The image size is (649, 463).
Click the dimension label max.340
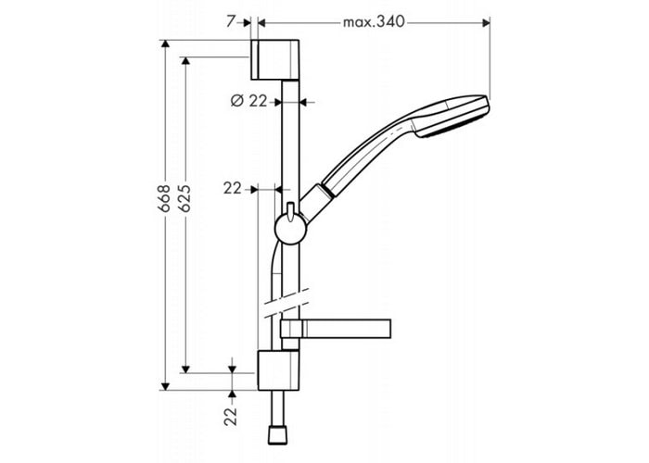click(x=374, y=22)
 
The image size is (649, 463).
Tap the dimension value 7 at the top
click(x=231, y=21)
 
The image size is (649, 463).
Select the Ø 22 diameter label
click(x=249, y=101)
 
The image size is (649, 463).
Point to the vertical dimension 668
click(x=164, y=198)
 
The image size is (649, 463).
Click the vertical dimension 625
click(x=185, y=198)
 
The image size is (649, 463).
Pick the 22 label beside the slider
click(x=232, y=189)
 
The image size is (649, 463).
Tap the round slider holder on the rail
click(x=290, y=229)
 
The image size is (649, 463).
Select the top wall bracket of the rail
click(x=274, y=60)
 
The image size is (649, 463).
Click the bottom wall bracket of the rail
click(x=278, y=370)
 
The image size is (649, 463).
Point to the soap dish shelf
click(x=336, y=329)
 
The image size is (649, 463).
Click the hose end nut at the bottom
click(x=277, y=436)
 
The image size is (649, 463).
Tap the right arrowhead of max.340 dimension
click(x=487, y=23)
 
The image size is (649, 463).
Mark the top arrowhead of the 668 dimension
click(x=165, y=44)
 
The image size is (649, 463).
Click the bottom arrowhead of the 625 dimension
click(x=185, y=369)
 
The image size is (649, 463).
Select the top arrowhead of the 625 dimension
click(x=185, y=61)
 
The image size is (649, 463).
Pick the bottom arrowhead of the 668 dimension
click(x=165, y=386)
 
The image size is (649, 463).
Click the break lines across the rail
click(x=286, y=303)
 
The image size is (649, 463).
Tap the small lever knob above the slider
click(x=290, y=210)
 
